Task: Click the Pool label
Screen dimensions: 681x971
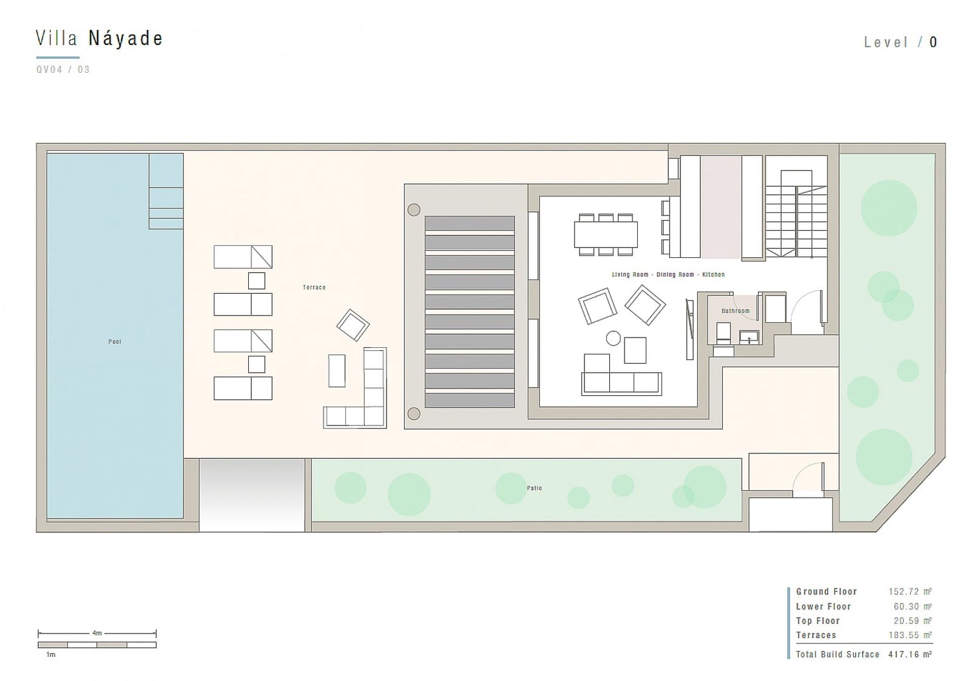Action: (115, 342)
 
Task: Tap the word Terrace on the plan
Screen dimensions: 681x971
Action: (314, 287)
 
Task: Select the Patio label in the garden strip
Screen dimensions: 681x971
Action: (534, 488)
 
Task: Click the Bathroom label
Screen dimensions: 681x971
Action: (735, 311)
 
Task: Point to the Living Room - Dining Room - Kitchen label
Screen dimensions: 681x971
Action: (668, 274)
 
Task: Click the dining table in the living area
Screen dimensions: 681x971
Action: (606, 234)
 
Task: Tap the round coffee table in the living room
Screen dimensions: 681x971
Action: (614, 338)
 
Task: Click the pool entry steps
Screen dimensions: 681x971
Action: (166, 191)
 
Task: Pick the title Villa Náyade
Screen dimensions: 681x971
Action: (100, 39)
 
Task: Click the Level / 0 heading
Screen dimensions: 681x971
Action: (901, 42)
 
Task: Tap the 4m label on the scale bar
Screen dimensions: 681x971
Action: (97, 633)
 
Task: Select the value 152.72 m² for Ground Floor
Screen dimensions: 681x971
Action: (910, 591)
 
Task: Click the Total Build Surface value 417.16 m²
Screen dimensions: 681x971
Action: (910, 654)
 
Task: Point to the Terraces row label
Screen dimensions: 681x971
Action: (816, 635)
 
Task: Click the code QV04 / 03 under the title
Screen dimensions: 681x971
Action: (63, 69)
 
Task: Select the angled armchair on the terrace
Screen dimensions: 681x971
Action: (353, 325)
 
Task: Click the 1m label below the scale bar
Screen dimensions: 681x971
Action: (51, 654)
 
